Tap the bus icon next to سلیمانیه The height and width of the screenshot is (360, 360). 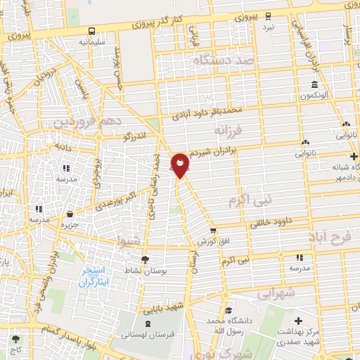click(x=92, y=31)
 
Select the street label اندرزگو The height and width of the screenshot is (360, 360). click(x=137, y=136)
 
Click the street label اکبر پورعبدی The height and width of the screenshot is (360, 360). click(x=111, y=200)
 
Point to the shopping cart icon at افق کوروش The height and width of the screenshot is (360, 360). click(x=213, y=230)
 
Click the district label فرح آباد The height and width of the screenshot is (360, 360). click(x=333, y=239)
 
